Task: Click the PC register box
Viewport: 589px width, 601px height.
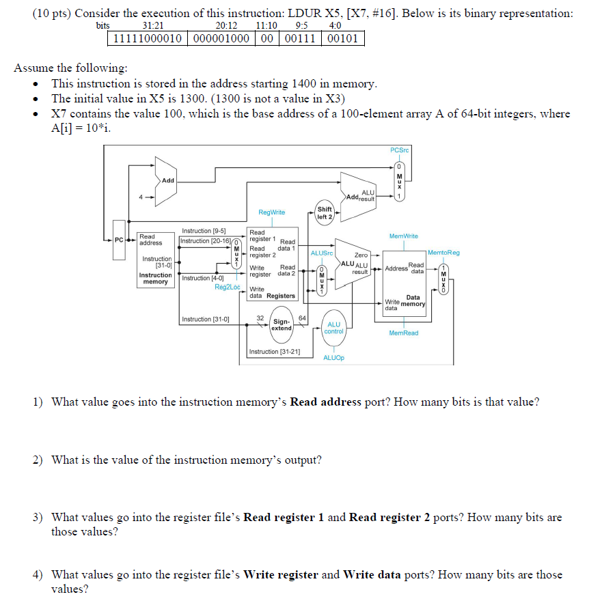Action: tap(120, 240)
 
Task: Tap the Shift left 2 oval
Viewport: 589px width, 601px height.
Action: tap(325, 212)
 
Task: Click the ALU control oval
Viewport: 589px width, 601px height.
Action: tap(334, 328)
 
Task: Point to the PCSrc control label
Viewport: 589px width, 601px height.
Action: tap(400, 150)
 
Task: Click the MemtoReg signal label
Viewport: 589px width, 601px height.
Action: tap(444, 252)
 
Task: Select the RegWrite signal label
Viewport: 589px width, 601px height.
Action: tap(271, 212)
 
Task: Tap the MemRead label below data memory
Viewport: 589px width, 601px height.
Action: tap(403, 333)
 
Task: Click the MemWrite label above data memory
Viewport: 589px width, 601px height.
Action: tap(403, 236)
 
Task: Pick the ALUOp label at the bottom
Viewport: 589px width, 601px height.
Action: tap(333, 358)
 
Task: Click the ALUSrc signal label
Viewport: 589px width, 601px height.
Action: tap(322, 252)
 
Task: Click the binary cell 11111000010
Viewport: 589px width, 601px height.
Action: tap(146, 39)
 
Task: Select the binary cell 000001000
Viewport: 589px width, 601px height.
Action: tap(219, 39)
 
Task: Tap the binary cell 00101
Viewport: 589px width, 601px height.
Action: tap(342, 39)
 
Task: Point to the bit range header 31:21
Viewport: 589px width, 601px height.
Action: tap(143, 26)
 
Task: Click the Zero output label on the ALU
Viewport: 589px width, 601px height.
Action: tap(361, 255)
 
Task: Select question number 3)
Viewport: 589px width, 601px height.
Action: tap(38, 518)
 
